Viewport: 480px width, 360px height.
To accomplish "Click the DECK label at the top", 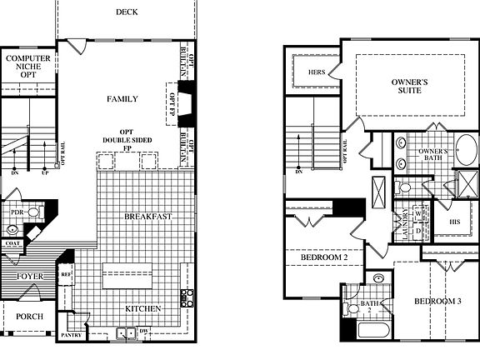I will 127,12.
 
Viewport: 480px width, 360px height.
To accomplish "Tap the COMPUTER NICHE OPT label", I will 28,67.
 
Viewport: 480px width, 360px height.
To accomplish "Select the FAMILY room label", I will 122,99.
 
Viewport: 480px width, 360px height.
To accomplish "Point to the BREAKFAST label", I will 148,217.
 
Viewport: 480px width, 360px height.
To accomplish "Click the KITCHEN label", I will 143,308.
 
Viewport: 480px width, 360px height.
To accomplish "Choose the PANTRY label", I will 71,335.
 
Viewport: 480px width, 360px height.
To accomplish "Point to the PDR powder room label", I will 15,212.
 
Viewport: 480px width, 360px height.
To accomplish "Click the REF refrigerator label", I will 67,272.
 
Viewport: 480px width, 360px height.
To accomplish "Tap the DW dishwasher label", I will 144,332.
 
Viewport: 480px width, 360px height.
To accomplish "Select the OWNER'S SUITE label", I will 410,86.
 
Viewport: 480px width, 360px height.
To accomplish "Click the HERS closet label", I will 317,72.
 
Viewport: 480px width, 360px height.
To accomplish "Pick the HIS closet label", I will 454,222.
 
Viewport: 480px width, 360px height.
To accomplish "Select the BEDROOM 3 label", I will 438,301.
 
